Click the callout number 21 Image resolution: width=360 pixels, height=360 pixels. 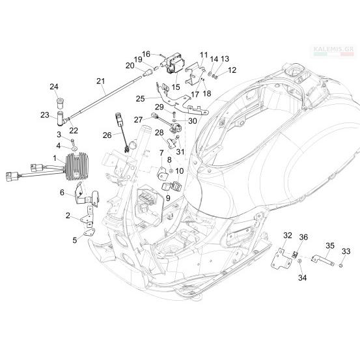click(100, 81)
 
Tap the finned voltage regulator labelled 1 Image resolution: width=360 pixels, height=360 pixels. click(77, 167)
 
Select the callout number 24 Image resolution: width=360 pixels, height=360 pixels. click(54, 87)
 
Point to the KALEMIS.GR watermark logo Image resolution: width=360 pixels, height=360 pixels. click(333, 51)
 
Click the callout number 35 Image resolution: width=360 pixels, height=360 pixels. click(330, 245)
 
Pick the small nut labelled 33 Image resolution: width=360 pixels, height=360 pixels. click(340, 266)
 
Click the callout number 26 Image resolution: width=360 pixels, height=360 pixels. click(107, 135)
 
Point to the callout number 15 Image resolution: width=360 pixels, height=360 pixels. click(176, 87)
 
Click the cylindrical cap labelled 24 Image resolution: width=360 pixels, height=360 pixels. click(61, 103)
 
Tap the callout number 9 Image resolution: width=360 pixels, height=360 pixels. click(168, 198)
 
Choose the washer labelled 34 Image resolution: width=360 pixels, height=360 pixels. click(299, 261)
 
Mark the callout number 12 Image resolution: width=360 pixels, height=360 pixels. click(232, 70)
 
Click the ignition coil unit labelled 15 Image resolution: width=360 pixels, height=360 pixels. click(173, 63)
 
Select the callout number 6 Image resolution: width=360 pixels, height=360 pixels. click(62, 193)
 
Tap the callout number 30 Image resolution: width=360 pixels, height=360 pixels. click(193, 121)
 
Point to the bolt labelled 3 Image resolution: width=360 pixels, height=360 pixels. click(73, 141)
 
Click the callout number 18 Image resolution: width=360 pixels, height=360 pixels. click(207, 94)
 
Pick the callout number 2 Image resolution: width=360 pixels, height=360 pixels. click(68, 215)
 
